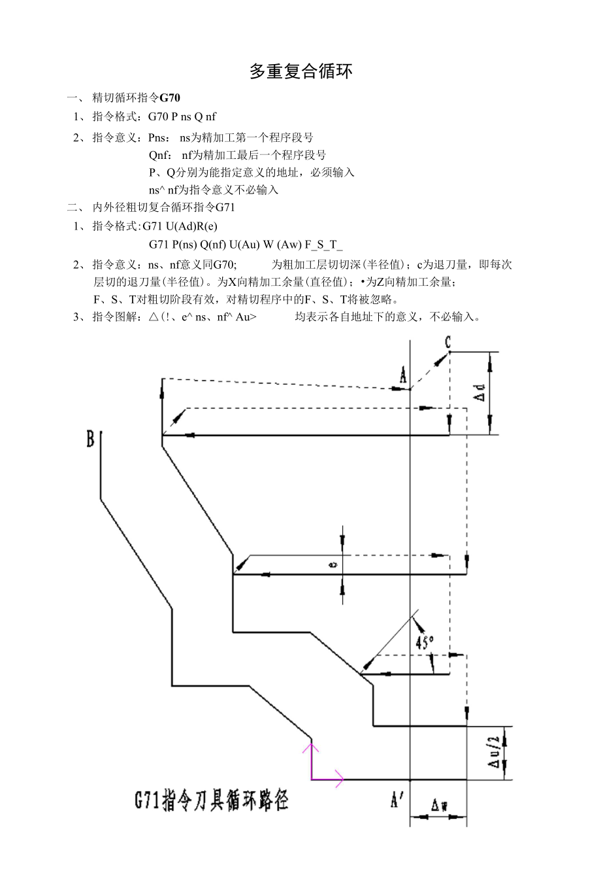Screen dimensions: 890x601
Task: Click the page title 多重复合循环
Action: tap(301, 72)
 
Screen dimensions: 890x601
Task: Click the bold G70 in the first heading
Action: tap(170, 98)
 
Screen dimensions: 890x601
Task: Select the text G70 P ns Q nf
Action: tap(182, 117)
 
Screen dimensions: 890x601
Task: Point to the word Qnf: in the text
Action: tap(160, 156)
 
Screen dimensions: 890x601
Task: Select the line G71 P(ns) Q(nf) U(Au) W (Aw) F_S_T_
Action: tap(246, 245)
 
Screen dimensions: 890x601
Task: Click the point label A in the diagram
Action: tap(403, 375)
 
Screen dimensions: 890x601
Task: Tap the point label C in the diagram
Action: tap(448, 342)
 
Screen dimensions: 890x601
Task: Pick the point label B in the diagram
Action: tap(90, 439)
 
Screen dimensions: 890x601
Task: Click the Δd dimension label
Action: tap(480, 393)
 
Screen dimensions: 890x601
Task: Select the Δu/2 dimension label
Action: tap(495, 753)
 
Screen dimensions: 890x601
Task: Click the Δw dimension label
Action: tap(439, 805)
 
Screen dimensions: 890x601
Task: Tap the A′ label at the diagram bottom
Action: tap(397, 799)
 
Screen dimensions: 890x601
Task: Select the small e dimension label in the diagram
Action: tap(333, 564)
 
